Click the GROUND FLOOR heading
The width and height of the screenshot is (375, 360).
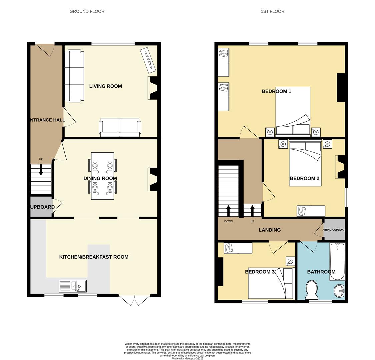pos(87,11)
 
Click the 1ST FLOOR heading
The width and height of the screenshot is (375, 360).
pos(272,11)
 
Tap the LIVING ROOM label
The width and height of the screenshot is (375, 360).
pos(105,86)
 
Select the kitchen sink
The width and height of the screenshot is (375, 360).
pos(73,286)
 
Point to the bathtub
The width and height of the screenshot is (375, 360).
pos(337,261)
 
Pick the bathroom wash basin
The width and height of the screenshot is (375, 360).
pos(339,291)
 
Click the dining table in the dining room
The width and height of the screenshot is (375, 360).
pos(102,176)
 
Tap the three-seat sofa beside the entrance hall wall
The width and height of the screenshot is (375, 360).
pos(74,76)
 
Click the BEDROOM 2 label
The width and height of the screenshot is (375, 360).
pos(304,178)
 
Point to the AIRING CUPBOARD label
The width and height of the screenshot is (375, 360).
pos(334,230)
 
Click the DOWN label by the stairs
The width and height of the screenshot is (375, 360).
pos(228,221)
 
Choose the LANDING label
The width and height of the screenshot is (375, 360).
pos(270,230)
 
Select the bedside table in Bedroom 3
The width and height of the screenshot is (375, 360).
pos(290,261)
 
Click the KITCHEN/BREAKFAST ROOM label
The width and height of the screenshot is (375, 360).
pos(94,257)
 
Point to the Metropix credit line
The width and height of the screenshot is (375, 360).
pos(187,359)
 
